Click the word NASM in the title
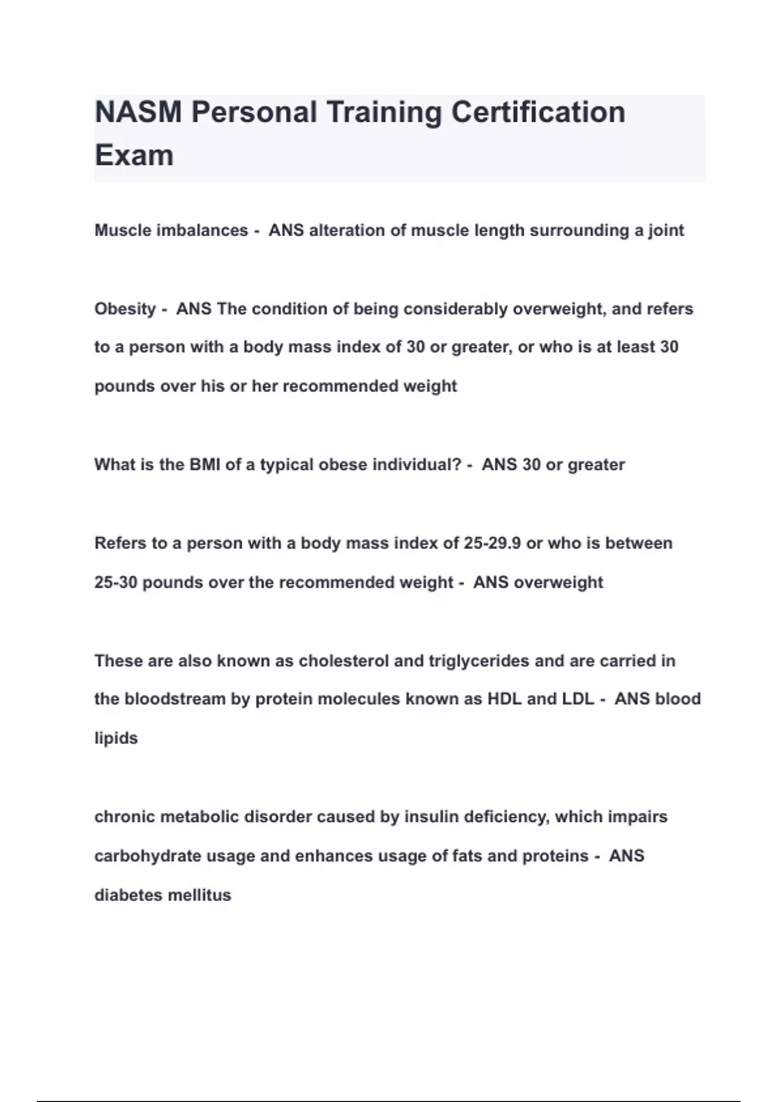(138, 112)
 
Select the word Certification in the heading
(538, 112)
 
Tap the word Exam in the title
(134, 156)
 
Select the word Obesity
(125, 309)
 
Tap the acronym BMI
(205, 465)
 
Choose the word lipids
(116, 738)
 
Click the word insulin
(428, 817)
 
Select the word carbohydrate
(148, 856)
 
